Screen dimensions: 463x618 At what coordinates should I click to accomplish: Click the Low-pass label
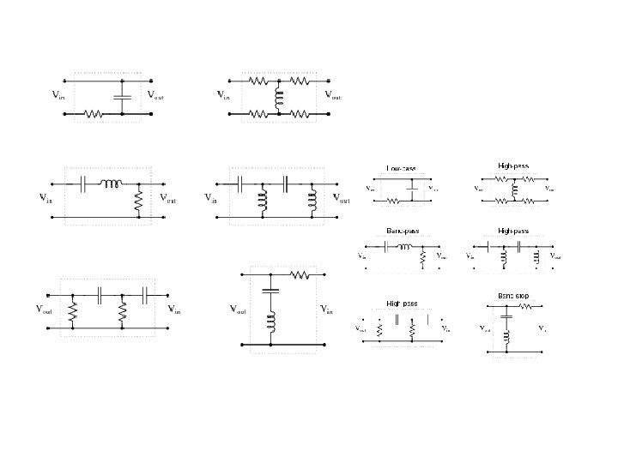(x=400, y=168)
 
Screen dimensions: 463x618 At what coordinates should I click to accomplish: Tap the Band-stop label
(x=512, y=295)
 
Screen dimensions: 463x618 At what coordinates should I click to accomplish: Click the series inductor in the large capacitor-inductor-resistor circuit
(x=112, y=183)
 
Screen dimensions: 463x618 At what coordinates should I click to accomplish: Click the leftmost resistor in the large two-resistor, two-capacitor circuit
(x=73, y=311)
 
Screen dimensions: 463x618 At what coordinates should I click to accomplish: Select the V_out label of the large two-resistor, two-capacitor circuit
(x=45, y=310)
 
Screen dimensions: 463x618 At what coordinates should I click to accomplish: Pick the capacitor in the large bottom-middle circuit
(x=270, y=291)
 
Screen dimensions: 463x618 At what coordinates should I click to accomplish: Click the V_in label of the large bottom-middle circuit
(x=327, y=310)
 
